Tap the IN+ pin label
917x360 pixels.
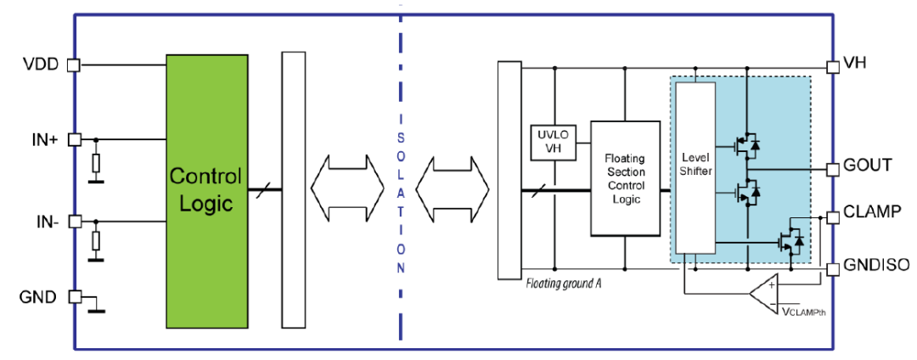click(41, 140)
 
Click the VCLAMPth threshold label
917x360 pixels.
click(803, 311)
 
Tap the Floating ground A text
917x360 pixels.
click(563, 284)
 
